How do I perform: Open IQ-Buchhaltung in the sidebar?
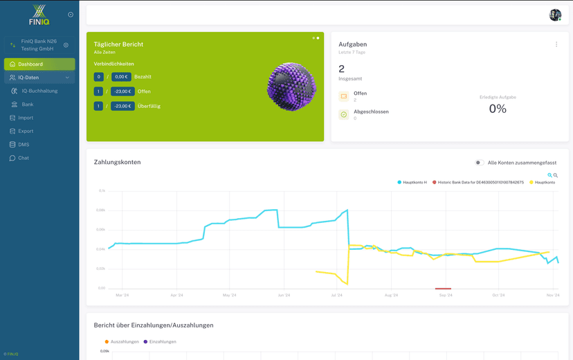pyautogui.click(x=39, y=91)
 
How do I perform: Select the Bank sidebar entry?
pyautogui.click(x=28, y=105)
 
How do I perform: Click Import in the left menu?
pyautogui.click(x=26, y=118)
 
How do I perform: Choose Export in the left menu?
pyautogui.click(x=26, y=131)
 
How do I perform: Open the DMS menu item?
pyautogui.click(x=24, y=145)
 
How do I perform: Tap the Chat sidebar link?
pyautogui.click(x=24, y=158)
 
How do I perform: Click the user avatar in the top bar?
pyautogui.click(x=555, y=15)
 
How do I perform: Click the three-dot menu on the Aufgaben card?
pyautogui.click(x=556, y=44)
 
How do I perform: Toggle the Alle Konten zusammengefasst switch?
pyautogui.click(x=479, y=163)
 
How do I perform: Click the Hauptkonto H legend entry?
pyautogui.click(x=413, y=182)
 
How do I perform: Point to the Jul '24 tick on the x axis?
pyautogui.click(x=337, y=295)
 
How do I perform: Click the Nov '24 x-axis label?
pyautogui.click(x=552, y=295)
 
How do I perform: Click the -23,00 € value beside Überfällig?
pyautogui.click(x=122, y=106)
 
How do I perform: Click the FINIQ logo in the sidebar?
pyautogui.click(x=39, y=15)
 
